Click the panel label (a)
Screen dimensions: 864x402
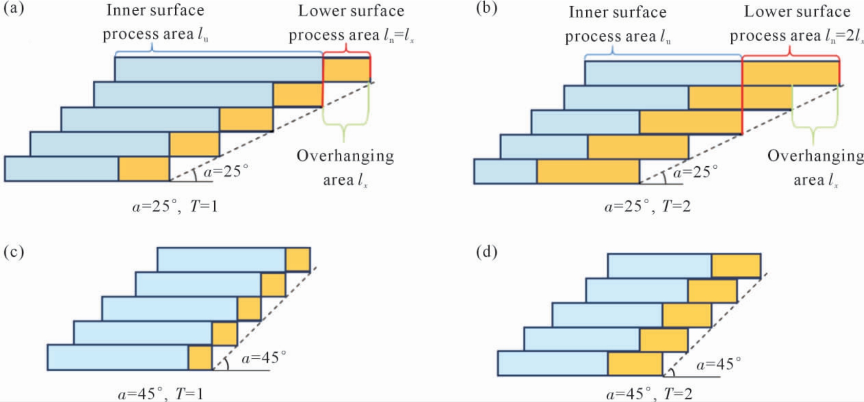13,9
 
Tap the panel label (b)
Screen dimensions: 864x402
486,9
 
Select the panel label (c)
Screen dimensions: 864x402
13,252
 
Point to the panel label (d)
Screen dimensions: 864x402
486,252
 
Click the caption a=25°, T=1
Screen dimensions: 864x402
175,207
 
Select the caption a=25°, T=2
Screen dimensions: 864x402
647,207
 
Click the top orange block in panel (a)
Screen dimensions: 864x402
346,70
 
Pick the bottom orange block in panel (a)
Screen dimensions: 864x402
144,169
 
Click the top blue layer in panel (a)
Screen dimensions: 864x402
219,69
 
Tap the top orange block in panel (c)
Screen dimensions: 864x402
298,260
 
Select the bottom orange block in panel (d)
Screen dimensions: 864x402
635,364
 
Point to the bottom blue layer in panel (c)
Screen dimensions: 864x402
118,357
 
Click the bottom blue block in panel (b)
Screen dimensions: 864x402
505,171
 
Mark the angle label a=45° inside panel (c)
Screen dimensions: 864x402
264,357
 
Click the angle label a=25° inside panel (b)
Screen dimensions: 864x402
695,172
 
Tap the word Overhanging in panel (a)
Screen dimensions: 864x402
345,156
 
